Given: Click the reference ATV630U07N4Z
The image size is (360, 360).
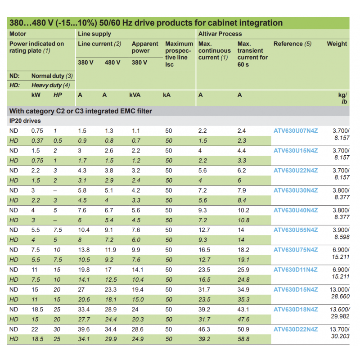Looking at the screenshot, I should click(296, 130).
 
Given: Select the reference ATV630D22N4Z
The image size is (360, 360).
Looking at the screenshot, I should click(296, 329).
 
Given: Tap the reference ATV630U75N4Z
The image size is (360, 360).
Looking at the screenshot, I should click(296, 250).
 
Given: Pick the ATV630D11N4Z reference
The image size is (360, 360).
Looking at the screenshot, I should click(296, 270).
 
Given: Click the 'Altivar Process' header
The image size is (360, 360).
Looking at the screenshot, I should click(220, 34).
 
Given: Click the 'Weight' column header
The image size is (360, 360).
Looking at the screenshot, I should click(337, 44).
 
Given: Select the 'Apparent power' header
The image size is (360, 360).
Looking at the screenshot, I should click(145, 47).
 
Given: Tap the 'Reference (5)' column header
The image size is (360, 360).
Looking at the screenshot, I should click(292, 44).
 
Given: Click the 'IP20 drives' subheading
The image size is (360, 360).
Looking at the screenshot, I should click(25, 121).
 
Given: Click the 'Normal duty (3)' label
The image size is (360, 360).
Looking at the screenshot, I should click(52, 76).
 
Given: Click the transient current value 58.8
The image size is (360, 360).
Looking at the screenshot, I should click(244, 339).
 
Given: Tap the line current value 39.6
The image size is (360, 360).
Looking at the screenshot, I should click(84, 329).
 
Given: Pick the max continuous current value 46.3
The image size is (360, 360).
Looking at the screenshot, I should click(204, 329).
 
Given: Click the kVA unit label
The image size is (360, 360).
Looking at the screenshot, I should click(135, 95).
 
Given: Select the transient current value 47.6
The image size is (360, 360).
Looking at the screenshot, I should click(244, 319).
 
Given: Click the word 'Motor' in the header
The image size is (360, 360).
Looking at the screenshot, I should click(18, 34).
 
